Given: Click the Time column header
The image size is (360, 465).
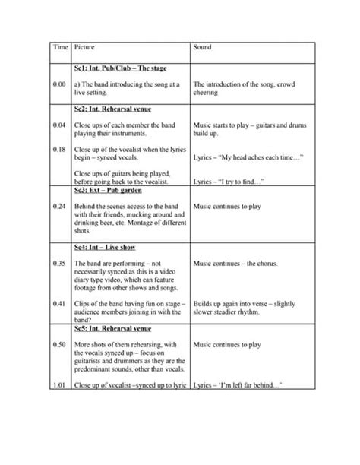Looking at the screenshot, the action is pyautogui.click(x=61, y=47).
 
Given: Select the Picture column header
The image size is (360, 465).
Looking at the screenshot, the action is pyautogui.click(x=85, y=47).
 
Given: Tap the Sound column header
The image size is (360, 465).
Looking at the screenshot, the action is pyautogui.click(x=203, y=47).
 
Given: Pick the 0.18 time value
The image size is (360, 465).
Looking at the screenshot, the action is pyautogui.click(x=61, y=148).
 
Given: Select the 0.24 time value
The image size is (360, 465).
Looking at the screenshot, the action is pyautogui.click(x=61, y=206).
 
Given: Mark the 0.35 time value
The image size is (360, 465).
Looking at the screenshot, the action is pyautogui.click(x=61, y=264).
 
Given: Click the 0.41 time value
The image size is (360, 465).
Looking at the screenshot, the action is pyautogui.click(x=61, y=303).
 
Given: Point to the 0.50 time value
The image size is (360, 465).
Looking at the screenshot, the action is pyautogui.click(x=61, y=345).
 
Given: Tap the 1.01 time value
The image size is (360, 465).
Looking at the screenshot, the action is pyautogui.click(x=61, y=385).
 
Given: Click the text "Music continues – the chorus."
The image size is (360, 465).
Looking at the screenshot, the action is pyautogui.click(x=235, y=264).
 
